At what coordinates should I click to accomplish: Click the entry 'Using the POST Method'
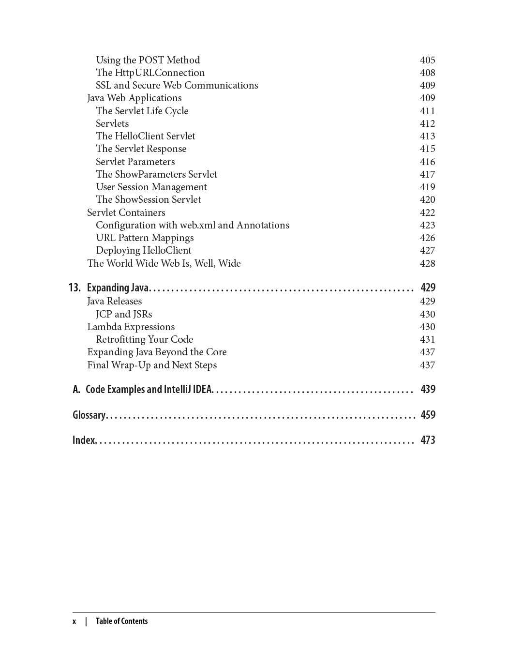click(x=148, y=60)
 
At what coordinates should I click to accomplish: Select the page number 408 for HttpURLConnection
click(x=427, y=73)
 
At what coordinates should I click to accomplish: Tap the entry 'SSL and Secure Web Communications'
click(x=177, y=85)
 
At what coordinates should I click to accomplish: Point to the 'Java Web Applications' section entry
click(x=134, y=98)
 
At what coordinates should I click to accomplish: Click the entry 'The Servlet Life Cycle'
click(x=142, y=111)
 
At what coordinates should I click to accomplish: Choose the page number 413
click(x=427, y=136)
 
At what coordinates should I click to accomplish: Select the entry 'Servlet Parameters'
click(x=135, y=162)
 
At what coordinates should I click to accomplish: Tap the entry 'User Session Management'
click(x=151, y=187)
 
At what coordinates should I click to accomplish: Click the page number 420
click(x=427, y=199)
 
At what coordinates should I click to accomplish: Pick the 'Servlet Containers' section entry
click(x=126, y=212)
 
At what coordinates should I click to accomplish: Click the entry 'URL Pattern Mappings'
click(x=145, y=238)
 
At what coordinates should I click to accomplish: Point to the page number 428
click(x=427, y=263)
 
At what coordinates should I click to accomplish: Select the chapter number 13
click(x=75, y=288)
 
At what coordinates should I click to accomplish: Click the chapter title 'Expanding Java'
click(x=118, y=288)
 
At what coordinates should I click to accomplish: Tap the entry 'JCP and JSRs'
click(x=124, y=314)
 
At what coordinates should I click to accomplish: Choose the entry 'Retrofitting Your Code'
click(x=144, y=339)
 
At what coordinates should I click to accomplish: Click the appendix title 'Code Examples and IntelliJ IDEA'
click(x=149, y=390)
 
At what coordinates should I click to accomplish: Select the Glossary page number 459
click(x=428, y=415)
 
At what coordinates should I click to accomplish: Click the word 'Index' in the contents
click(x=84, y=440)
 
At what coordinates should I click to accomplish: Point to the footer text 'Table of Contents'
click(x=121, y=621)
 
